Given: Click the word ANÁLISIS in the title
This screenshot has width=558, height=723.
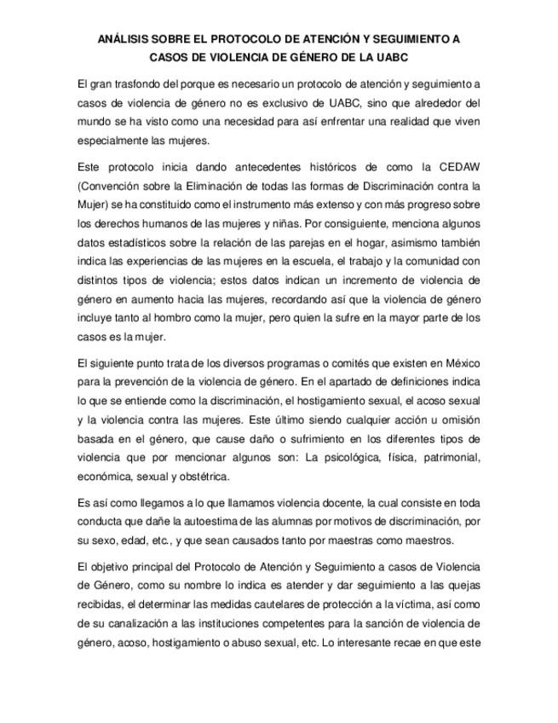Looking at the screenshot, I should coord(126,40).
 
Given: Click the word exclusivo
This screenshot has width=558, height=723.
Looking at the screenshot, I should coord(265,102).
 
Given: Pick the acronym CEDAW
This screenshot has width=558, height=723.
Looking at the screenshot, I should coord(461,166).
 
